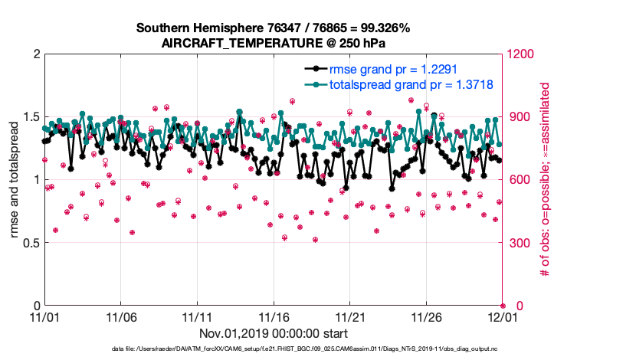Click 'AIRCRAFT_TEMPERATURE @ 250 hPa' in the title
(274, 43)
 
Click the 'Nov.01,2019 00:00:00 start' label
(274, 333)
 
